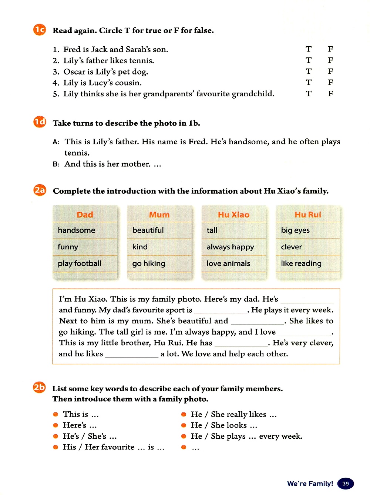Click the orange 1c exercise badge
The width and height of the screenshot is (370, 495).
pos(40,30)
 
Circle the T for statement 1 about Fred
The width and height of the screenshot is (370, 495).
pos(309,49)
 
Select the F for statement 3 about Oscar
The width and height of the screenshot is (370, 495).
pos(330,71)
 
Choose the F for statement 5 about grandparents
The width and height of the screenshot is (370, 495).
pos(330,93)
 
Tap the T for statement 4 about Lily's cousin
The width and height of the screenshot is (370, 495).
pos(309,82)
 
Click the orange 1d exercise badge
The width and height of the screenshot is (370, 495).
pos(40,122)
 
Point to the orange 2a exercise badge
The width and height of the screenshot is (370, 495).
pos(40,190)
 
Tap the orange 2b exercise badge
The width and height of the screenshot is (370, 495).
pos(39,388)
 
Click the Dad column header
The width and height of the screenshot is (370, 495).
pos(85,215)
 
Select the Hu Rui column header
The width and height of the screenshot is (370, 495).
pos(308,215)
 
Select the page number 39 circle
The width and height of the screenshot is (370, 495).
pos(346,484)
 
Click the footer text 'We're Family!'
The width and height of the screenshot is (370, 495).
pos(310,484)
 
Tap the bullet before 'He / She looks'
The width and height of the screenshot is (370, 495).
pos(184,425)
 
